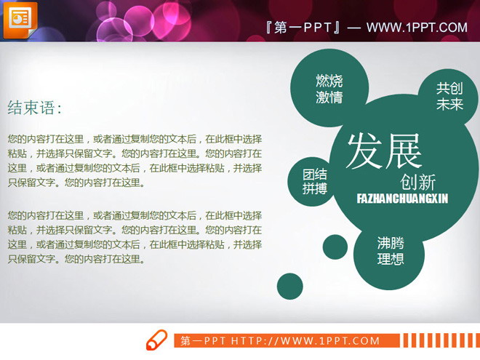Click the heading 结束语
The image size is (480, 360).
(x=34, y=108)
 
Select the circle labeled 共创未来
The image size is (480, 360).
(x=449, y=96)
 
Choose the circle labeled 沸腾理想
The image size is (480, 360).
(x=390, y=252)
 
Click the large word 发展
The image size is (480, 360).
(x=384, y=151)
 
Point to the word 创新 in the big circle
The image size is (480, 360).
(x=418, y=182)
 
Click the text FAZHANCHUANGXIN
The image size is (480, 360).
(x=402, y=198)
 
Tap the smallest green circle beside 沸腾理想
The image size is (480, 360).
(x=335, y=247)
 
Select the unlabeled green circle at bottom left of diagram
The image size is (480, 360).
(x=289, y=287)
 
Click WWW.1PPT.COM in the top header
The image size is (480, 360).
(x=417, y=28)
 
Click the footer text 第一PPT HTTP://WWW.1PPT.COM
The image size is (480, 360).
(x=280, y=340)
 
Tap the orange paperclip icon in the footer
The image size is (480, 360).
(x=156, y=340)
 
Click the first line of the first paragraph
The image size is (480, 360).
(x=135, y=138)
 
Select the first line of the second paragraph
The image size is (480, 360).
(x=135, y=215)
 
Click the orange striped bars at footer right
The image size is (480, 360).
(x=439, y=340)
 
